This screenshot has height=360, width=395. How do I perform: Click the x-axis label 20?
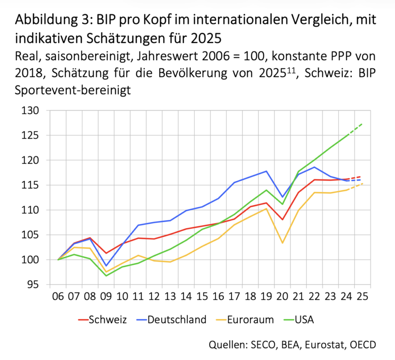coord(283,297)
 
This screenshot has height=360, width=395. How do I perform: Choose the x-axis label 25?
coord(362,297)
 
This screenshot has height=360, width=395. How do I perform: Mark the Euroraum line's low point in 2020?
coord(283,243)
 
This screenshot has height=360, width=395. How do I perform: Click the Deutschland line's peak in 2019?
coord(266,171)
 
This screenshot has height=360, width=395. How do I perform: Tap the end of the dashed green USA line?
coord(362,124)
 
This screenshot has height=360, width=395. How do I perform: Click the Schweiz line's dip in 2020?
coord(283,220)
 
